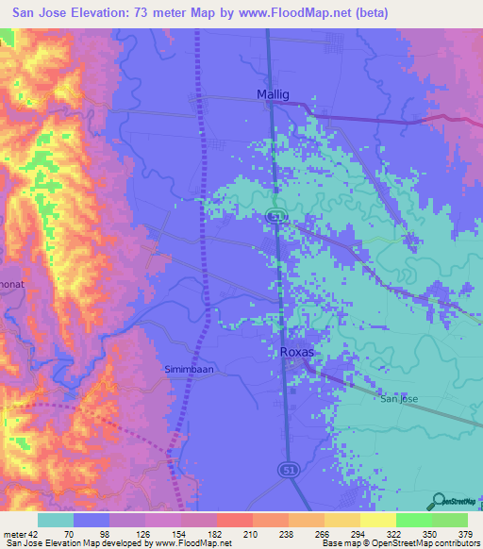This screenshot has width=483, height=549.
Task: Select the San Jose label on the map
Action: pos(399,399)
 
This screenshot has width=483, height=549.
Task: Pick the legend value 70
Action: pos(69,533)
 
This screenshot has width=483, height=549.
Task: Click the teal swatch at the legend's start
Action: pos(56,520)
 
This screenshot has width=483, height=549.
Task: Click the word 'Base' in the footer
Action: pos(330,543)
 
